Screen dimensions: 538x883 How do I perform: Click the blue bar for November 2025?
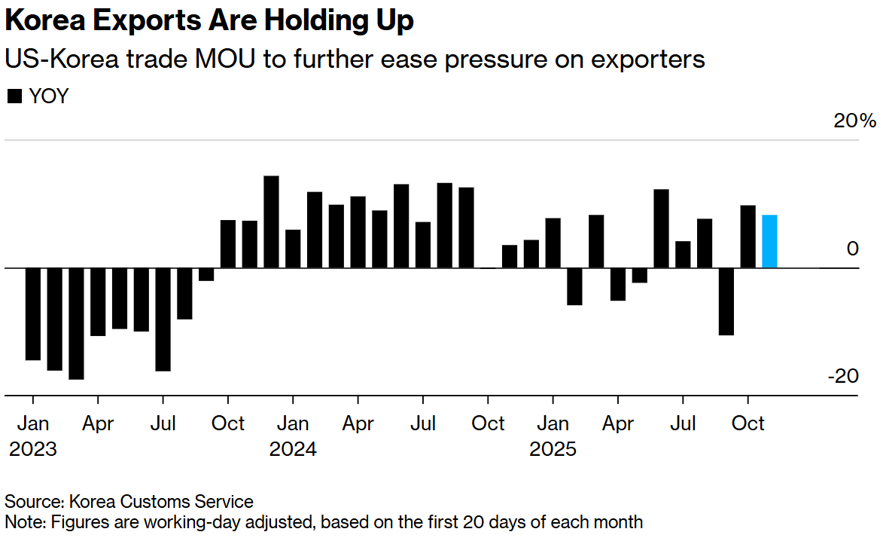pyautogui.click(x=769, y=241)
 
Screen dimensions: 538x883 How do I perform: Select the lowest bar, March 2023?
pyautogui.click(x=76, y=323)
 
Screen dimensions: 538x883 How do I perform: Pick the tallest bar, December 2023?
pyautogui.click(x=271, y=222)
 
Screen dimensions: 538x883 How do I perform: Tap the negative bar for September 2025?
pyautogui.click(x=726, y=301)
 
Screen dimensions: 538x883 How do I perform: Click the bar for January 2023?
pyautogui.click(x=32, y=313)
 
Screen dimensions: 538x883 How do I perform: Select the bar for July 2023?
pyautogui.click(x=163, y=319)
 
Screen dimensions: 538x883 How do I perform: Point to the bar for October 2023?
pyautogui.click(x=227, y=244)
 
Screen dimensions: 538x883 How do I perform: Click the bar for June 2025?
pyautogui.click(x=661, y=228)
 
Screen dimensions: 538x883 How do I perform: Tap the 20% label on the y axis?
pyautogui.click(x=854, y=121)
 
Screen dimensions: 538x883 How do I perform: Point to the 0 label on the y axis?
pyautogui.click(x=852, y=248)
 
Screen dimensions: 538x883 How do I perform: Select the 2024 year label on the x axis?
pyautogui.click(x=293, y=450)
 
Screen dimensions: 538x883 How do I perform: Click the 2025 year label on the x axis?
pyautogui.click(x=553, y=450)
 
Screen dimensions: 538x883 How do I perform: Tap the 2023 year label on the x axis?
pyautogui.click(x=32, y=450)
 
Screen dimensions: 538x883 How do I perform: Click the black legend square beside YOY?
pyautogui.click(x=14, y=96)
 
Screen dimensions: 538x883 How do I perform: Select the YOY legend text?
pyautogui.click(x=48, y=96)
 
